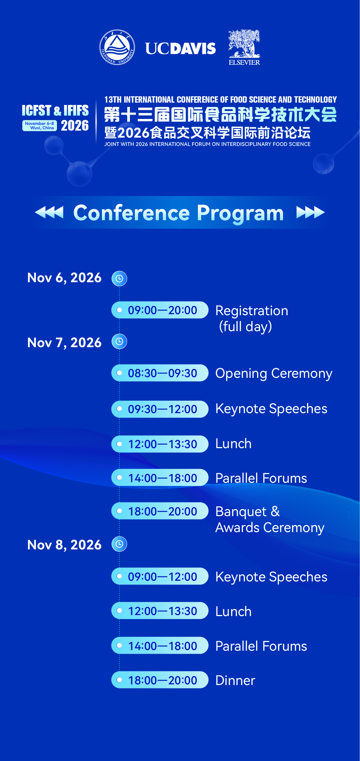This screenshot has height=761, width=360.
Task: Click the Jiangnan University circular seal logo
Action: pyautogui.click(x=117, y=47)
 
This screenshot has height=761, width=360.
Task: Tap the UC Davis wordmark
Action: pyautogui.click(x=180, y=49)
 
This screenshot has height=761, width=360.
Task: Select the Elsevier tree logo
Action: pyautogui.click(x=244, y=47)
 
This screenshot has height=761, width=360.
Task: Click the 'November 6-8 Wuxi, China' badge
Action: pyautogui.click(x=40, y=126)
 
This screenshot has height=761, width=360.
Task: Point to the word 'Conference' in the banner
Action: pyautogui.click(x=132, y=213)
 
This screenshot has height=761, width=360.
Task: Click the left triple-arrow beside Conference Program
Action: pyautogui.click(x=49, y=212)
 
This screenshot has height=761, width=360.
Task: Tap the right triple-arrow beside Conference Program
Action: pyautogui.click(x=310, y=212)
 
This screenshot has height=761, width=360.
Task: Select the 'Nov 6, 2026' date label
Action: pyautogui.click(x=64, y=278)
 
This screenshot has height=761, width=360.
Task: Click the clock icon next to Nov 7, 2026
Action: pyautogui.click(x=119, y=342)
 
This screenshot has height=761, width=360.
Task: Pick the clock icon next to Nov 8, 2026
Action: pyautogui.click(x=119, y=544)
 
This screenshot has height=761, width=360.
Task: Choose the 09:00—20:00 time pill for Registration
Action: pyautogui.click(x=160, y=310)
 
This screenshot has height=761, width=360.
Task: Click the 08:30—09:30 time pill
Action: pyautogui.click(x=160, y=373)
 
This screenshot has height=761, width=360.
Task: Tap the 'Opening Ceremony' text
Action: pyautogui.click(x=274, y=374)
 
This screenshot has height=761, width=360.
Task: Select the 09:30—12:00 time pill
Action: pyautogui.click(x=160, y=409)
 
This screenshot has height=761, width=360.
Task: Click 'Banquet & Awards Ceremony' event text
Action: pyautogui.click(x=270, y=520)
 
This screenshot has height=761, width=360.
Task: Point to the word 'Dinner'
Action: pyautogui.click(x=235, y=680)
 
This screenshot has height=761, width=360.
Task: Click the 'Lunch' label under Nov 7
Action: pyautogui.click(x=233, y=444)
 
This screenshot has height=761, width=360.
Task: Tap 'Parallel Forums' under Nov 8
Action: pyautogui.click(x=261, y=646)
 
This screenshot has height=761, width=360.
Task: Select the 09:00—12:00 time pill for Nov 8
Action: pyautogui.click(x=160, y=576)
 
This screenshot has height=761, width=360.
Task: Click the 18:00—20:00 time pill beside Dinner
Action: pyautogui.click(x=160, y=680)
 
